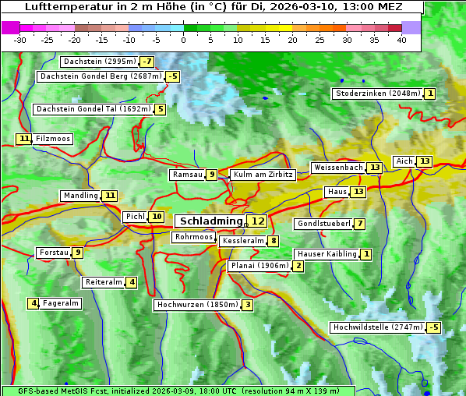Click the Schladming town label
(211, 221)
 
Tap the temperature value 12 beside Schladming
(258, 221)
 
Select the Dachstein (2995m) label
(99, 62)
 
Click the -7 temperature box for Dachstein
(147, 62)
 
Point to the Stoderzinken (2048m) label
(378, 94)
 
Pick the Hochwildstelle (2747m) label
(378, 327)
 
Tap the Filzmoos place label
(52, 139)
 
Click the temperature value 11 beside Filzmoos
(24, 139)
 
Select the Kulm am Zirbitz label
(263, 175)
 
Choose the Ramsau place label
(187, 175)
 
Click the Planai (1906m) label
(259, 266)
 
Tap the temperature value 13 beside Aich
(424, 161)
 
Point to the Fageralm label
(60, 303)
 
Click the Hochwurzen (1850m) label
(196, 305)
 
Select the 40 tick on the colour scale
(401, 40)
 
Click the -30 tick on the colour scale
(20, 40)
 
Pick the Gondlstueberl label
(323, 224)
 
